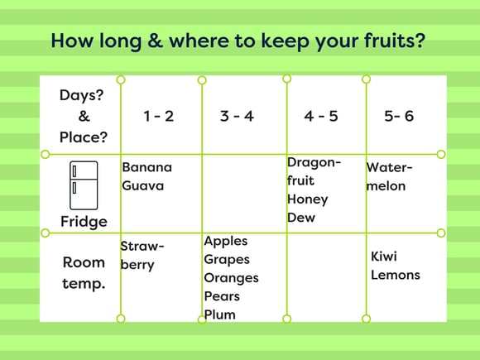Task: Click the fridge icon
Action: (84, 185)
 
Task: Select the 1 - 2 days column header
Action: (159, 117)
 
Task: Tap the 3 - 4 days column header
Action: (237, 117)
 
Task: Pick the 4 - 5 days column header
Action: (321, 117)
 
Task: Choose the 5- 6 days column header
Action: (399, 117)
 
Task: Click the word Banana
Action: (147, 167)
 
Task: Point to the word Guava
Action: (142, 186)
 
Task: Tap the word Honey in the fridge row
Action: (307, 200)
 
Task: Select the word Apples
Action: (226, 241)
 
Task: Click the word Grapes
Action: (227, 260)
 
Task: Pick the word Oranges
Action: (231, 278)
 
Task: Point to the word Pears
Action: (222, 296)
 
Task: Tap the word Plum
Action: (220, 314)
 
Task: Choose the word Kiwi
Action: (384, 257)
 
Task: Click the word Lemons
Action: (396, 275)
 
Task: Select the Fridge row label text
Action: (84, 222)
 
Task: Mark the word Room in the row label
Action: (84, 262)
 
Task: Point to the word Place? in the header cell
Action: (84, 137)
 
